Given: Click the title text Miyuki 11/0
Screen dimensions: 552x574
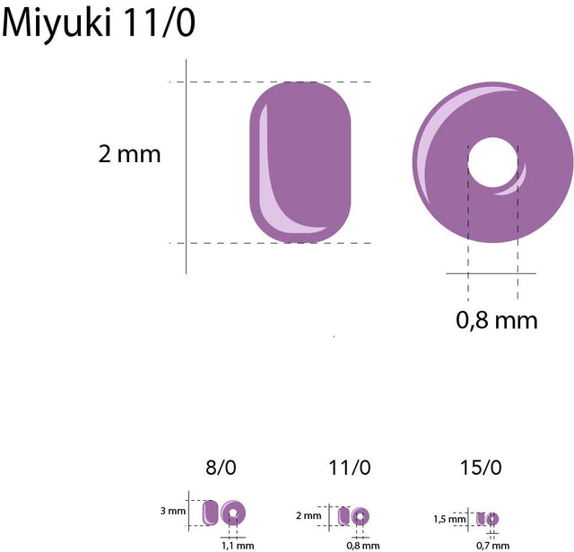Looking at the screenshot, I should [x=98, y=24].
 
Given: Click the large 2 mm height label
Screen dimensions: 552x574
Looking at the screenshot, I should [x=129, y=154].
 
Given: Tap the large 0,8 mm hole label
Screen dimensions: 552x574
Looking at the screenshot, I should [x=497, y=319].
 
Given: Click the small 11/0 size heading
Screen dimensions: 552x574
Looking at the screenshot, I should [x=350, y=467].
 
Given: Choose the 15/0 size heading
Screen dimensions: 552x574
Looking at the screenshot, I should [x=480, y=467].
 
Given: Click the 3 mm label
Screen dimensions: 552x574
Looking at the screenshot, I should [x=173, y=511].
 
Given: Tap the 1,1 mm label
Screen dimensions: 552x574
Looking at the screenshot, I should [x=238, y=545].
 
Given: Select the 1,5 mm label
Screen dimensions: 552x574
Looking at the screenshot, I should [x=449, y=519].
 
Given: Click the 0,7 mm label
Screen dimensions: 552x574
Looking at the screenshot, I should [x=492, y=545].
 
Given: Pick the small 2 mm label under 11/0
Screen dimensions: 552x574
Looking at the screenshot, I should [x=308, y=515].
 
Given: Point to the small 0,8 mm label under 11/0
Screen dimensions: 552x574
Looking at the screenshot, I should [x=362, y=545].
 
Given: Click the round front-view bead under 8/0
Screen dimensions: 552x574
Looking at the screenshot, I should [x=233, y=513].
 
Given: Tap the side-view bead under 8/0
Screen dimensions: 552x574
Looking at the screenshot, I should [x=211, y=513].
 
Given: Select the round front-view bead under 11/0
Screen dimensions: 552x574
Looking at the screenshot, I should [x=360, y=517].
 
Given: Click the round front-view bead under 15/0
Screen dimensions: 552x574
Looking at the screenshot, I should [x=492, y=519].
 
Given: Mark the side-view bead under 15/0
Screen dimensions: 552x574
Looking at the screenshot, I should [x=481, y=519].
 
